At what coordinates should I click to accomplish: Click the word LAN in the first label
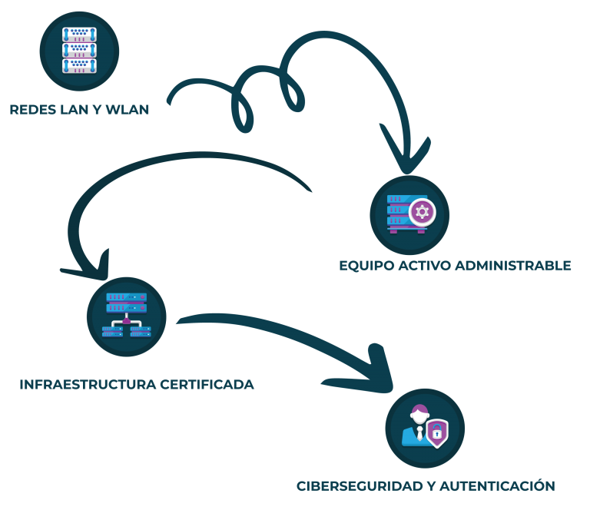click(74, 110)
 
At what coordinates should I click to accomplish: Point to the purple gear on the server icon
click(421, 212)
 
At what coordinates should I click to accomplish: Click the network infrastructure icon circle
click(126, 316)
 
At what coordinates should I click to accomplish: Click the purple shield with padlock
click(437, 433)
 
